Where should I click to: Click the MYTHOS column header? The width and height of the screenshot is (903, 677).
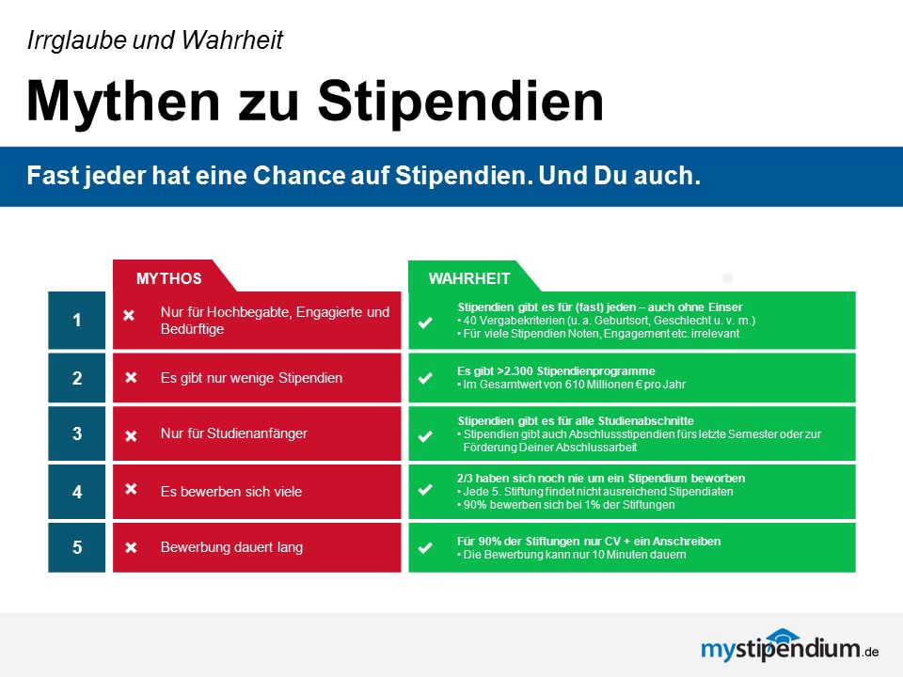coord(168,278)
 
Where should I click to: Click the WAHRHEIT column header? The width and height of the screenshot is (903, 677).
coord(469,278)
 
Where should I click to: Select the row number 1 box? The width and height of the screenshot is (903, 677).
coord(76,320)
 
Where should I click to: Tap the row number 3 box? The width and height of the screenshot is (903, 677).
coord(76,433)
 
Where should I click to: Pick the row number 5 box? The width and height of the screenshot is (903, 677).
coord(76,547)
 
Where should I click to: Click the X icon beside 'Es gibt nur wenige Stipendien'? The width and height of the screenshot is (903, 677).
coord(132,377)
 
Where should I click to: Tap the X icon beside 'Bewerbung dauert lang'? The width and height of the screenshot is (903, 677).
coord(132,547)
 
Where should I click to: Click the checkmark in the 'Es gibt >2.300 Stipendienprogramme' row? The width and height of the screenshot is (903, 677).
coord(425,378)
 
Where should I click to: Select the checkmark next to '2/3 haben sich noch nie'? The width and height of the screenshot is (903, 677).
coord(425,490)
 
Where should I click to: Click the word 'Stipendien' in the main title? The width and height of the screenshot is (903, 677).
coord(461,102)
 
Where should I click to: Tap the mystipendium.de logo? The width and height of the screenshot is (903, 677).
coord(789,645)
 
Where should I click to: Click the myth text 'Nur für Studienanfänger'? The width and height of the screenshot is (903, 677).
coord(234,433)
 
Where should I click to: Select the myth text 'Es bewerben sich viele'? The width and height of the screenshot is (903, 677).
coord(231,492)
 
